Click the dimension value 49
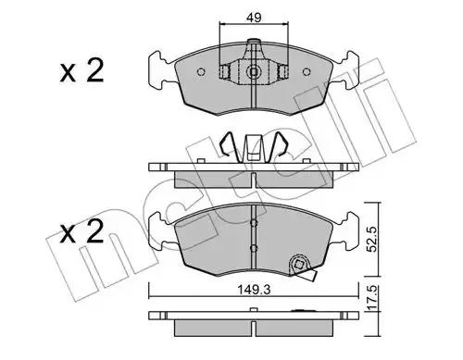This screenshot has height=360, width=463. click(254, 18)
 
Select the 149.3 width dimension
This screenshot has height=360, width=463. click(254, 290)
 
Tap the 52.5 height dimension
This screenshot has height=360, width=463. click(373, 240)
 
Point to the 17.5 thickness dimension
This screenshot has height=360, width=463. click(373, 298)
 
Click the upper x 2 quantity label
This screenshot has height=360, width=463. click(81, 71)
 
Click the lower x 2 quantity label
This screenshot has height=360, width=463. click(81, 231)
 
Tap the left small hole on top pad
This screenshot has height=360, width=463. click(201, 72)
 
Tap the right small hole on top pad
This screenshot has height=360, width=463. click(307, 72)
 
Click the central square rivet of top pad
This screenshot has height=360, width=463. click(254, 72)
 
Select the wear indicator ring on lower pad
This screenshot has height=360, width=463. click(298, 265)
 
